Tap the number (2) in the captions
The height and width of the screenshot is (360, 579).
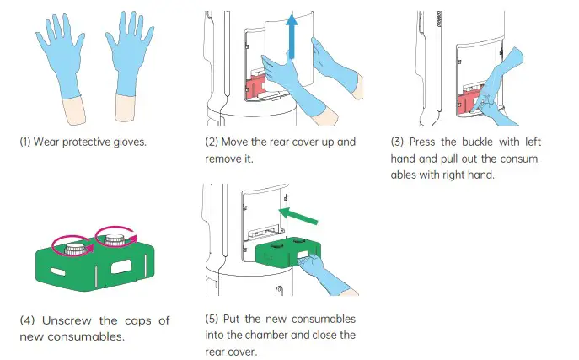212,141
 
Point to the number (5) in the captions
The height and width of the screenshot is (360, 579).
212,319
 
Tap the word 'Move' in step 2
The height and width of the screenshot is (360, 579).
239,141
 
